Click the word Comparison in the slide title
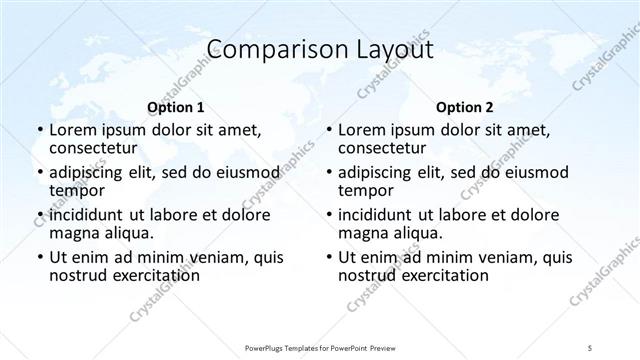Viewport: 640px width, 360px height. pyautogui.click(x=263, y=50)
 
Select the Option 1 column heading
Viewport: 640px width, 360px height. pyautogui.click(x=175, y=107)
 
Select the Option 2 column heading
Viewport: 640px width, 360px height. pyautogui.click(x=464, y=107)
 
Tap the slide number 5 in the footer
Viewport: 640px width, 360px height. pyautogui.click(x=591, y=346)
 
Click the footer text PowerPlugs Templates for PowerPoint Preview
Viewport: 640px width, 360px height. pyautogui.click(x=320, y=346)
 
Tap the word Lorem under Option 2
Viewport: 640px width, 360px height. pyautogui.click(x=362, y=130)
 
